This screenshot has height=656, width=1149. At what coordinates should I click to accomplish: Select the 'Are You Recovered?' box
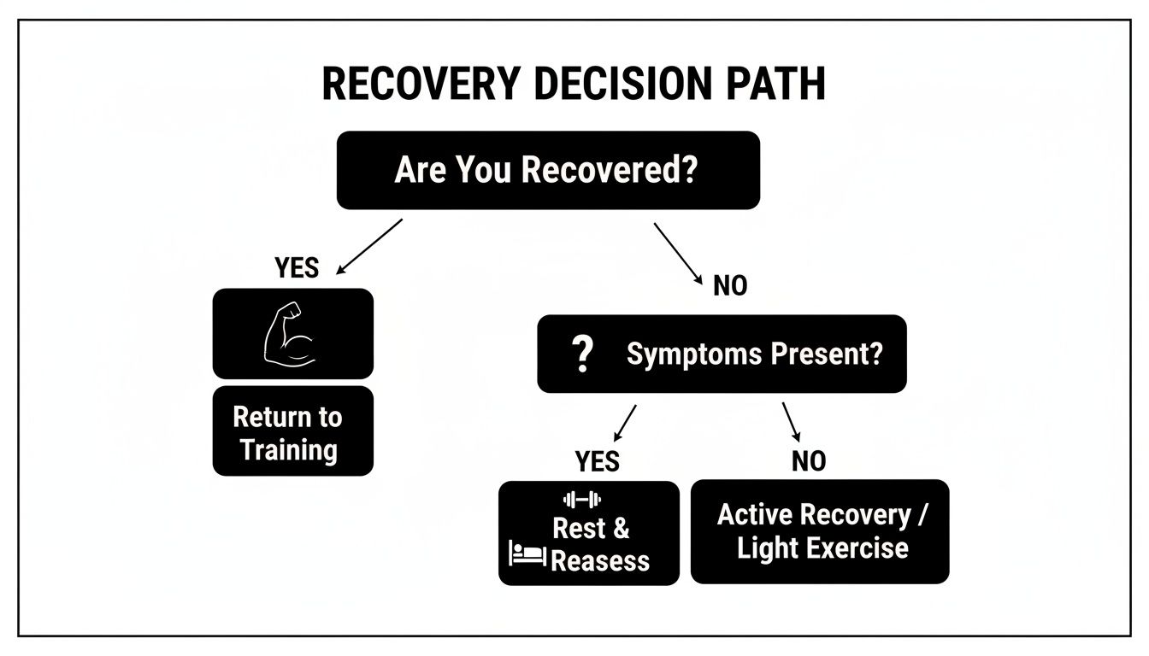547,170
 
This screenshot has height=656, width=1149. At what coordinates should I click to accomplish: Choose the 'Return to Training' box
292,431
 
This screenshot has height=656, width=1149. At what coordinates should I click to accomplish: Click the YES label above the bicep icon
297,268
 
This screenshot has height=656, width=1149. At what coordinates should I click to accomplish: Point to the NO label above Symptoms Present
729,286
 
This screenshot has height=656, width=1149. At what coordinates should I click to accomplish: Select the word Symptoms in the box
680,354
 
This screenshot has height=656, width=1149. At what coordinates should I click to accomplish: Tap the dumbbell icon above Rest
583,499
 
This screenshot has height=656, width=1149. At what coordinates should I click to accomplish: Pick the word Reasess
600,561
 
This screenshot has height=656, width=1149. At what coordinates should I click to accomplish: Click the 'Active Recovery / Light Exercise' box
819,531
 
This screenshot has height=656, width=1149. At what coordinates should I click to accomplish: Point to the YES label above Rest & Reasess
597,462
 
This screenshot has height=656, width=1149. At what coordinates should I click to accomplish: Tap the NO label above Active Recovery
808,462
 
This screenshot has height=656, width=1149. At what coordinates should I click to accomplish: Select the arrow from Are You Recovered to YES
369,246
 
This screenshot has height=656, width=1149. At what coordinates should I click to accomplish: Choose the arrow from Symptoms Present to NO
791,422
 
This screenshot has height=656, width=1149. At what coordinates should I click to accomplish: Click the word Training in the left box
289,449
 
